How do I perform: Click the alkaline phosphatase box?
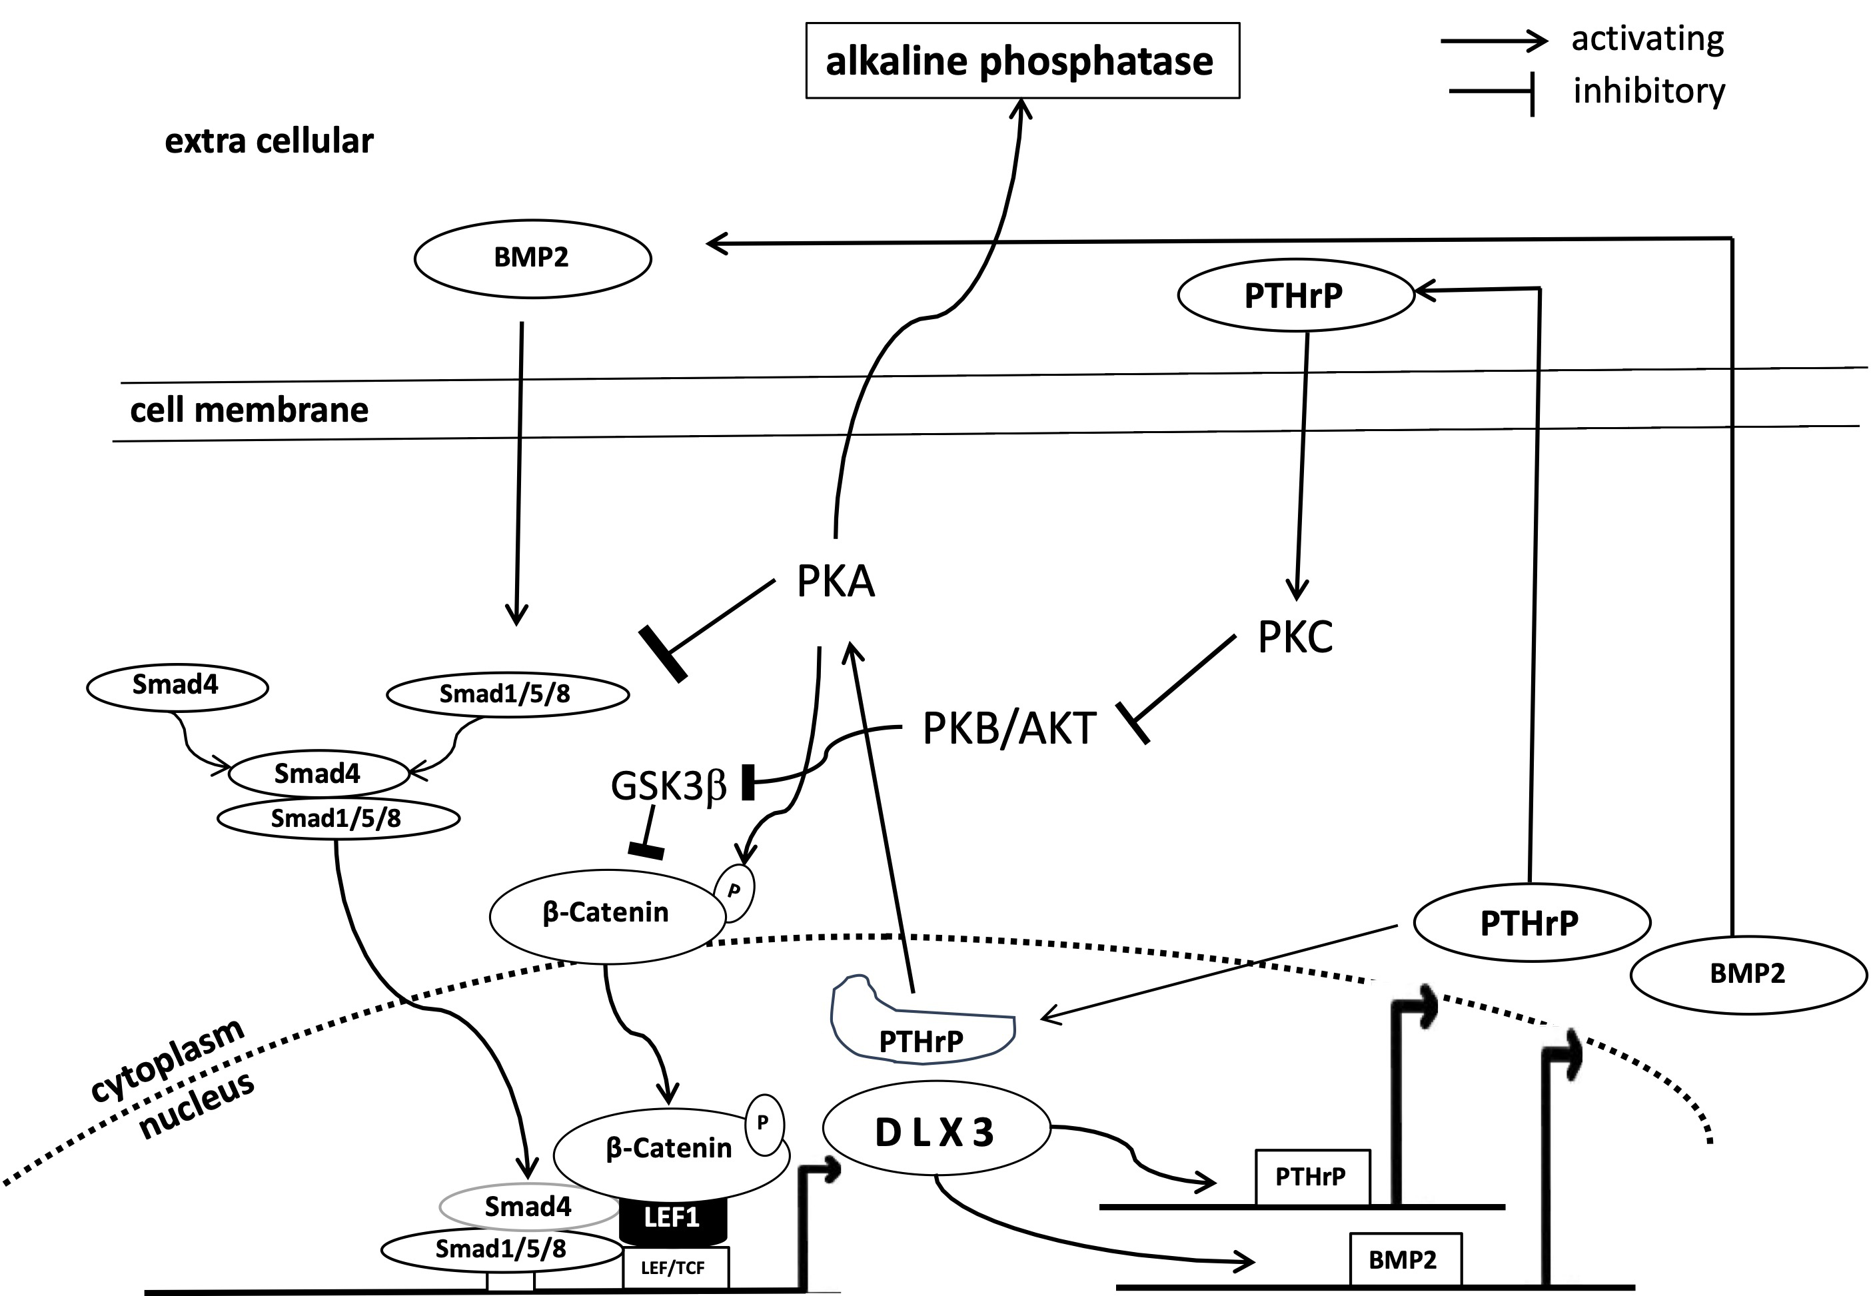1021,61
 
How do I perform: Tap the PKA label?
835,582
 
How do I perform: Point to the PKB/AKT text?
1009,728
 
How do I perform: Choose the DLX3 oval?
935,1132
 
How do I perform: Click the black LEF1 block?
672,1217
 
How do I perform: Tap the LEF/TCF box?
674,1267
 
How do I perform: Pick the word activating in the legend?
1647,39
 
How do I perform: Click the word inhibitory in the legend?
1648,91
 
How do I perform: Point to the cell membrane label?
249,410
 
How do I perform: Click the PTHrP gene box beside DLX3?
1311,1177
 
